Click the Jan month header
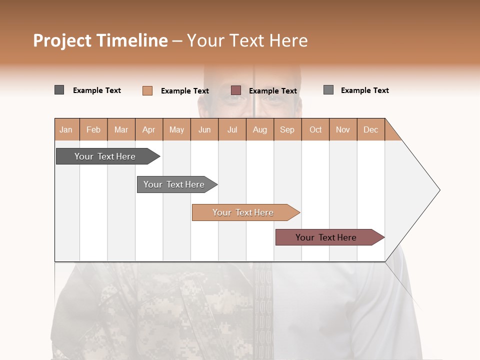(66, 129)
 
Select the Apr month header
(149, 129)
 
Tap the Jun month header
(204, 129)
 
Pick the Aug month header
(260, 129)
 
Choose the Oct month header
(315, 129)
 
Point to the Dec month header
(371, 129)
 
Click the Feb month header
(93, 129)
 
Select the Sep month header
(287, 129)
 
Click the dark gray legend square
(59, 90)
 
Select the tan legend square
(147, 90)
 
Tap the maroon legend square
(236, 90)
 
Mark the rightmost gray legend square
(328, 90)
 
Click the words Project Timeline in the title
(100, 40)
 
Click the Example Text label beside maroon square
(273, 91)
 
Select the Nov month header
(343, 129)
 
